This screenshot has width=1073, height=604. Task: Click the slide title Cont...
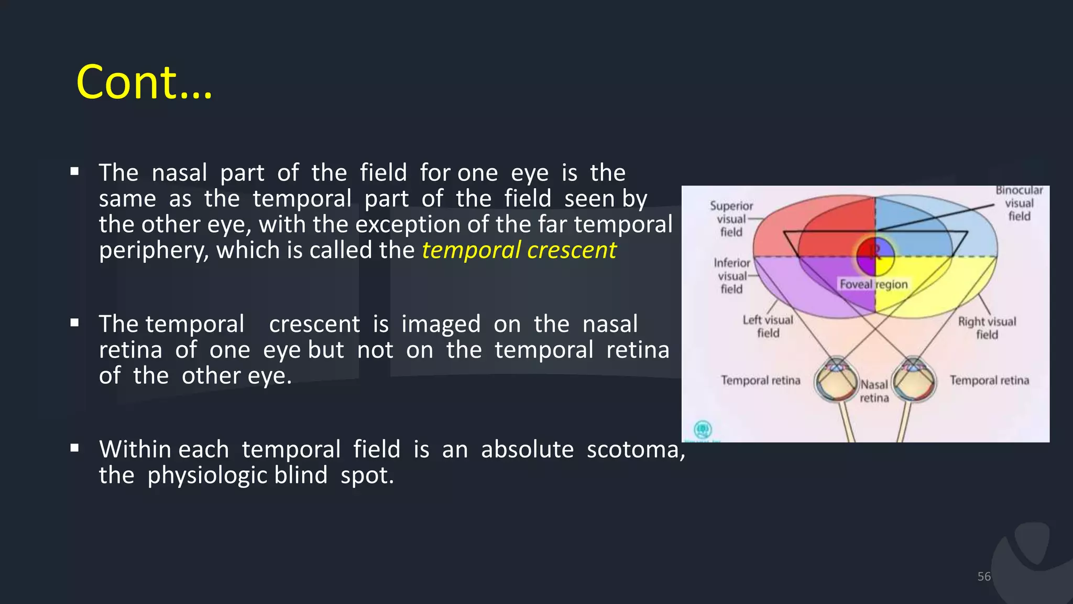(144, 82)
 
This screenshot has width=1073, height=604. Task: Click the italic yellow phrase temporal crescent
(519, 250)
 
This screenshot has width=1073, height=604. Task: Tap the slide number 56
(983, 576)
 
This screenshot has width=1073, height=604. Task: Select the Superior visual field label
(731, 219)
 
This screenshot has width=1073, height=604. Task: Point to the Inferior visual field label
(731, 276)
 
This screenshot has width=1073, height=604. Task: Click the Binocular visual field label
(1019, 203)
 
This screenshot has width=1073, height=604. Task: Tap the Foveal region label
(873, 284)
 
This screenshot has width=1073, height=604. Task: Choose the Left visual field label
(768, 326)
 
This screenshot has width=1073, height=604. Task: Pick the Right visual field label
(987, 328)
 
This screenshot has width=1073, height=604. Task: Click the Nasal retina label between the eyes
(874, 391)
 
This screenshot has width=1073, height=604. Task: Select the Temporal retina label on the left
(760, 380)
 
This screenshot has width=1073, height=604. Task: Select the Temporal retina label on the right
(989, 380)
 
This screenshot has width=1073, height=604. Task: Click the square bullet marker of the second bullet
(74, 323)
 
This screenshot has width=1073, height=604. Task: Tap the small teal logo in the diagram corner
(702, 430)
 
